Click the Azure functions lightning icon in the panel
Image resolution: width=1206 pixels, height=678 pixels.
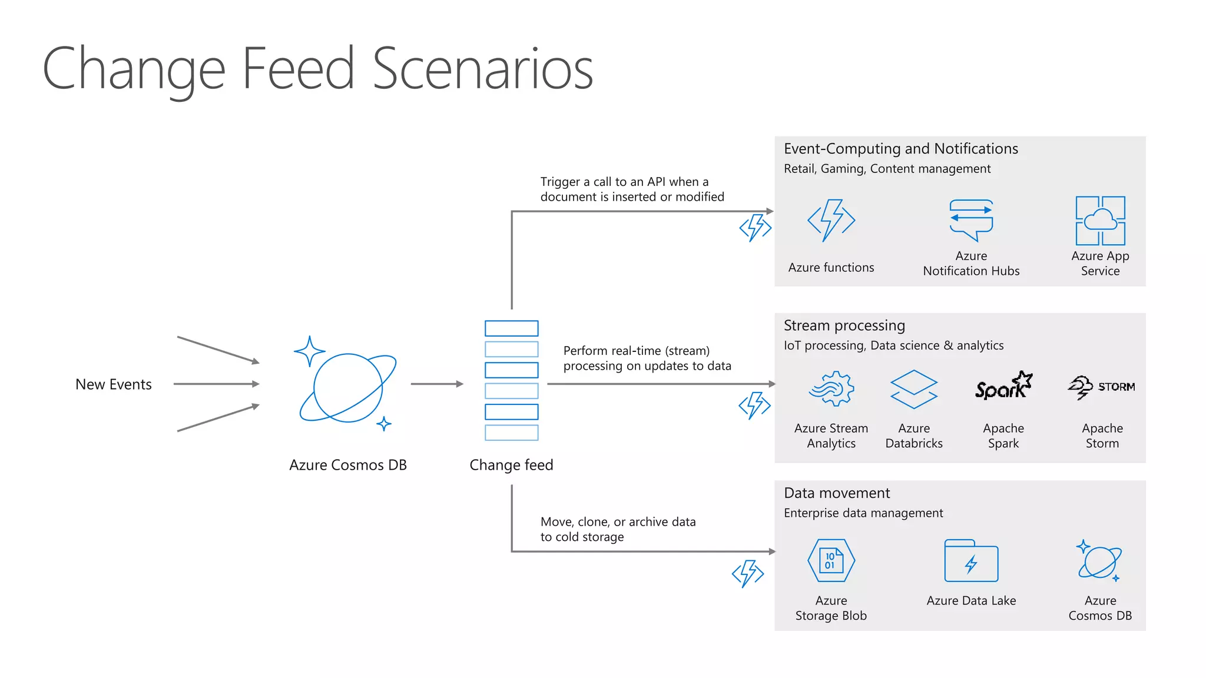[831, 220]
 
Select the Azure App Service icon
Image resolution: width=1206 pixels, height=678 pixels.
[1100, 221]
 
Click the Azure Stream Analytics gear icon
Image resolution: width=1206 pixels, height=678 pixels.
[831, 388]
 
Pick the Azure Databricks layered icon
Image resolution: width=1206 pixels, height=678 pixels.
[913, 389]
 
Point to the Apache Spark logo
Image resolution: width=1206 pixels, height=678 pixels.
[1003, 386]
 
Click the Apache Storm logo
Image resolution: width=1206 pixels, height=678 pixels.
[1101, 387]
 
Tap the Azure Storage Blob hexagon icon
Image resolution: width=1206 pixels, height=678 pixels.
[831, 560]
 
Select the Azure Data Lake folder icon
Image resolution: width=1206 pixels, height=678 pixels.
[971, 561]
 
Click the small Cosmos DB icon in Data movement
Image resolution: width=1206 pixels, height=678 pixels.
[1099, 561]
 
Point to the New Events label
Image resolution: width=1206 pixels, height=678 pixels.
[114, 384]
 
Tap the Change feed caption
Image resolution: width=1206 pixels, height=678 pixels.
[511, 465]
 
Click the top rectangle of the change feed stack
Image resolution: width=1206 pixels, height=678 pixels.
[511, 328]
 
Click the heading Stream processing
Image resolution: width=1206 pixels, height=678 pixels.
[844, 325]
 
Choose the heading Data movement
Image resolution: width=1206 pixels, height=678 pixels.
[836, 493]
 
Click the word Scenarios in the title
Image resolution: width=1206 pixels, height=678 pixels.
[482, 69]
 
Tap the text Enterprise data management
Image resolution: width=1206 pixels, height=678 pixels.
[863, 513]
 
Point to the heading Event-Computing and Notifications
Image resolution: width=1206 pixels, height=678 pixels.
[900, 149]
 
